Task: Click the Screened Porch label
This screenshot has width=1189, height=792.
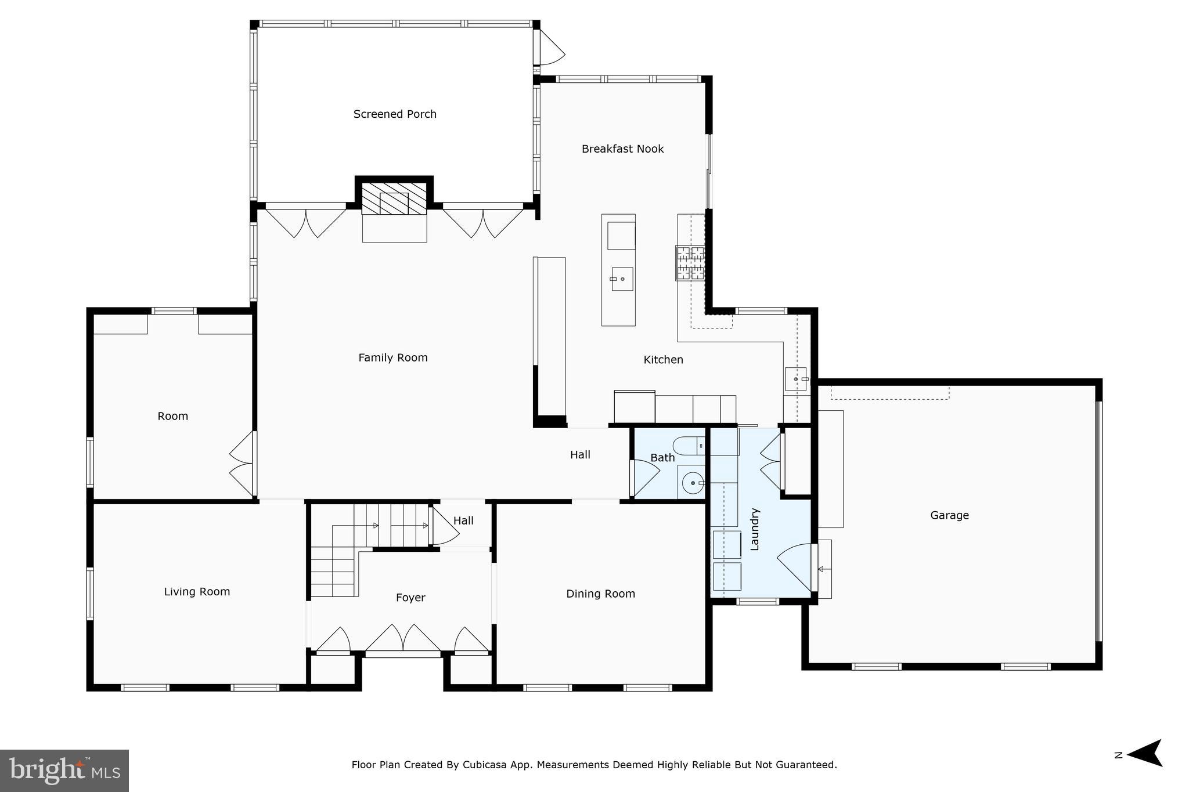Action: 395,114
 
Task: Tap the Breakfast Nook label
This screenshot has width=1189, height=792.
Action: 622,149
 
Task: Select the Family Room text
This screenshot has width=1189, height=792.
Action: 392,358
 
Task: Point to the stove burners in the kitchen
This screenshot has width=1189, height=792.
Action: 690,263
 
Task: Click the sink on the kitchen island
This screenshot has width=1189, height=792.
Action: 622,279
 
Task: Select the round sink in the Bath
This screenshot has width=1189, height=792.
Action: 692,482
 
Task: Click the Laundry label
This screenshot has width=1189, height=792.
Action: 755,529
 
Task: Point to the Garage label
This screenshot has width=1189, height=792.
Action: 949,515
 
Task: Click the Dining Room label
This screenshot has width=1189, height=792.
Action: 600,594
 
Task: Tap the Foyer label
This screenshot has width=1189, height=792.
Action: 410,598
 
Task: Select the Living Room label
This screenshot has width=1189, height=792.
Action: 197,592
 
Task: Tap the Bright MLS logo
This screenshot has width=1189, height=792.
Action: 64,771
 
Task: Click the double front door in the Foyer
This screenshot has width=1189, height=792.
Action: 402,641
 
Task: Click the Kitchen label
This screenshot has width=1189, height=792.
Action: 663,360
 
